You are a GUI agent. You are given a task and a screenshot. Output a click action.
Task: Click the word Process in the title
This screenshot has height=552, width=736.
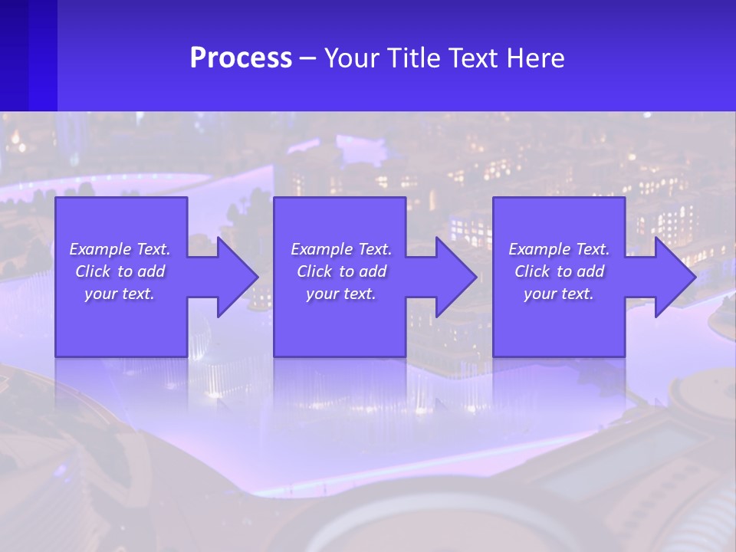click(x=241, y=58)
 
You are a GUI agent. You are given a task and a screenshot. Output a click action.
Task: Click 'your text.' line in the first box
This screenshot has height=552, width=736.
click(x=120, y=294)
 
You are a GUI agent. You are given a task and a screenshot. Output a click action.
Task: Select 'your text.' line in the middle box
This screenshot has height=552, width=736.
click(x=341, y=294)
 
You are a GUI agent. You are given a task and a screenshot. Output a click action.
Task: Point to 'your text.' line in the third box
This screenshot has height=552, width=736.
click(x=559, y=294)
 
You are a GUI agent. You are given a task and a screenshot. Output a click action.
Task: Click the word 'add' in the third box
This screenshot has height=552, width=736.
click(x=591, y=271)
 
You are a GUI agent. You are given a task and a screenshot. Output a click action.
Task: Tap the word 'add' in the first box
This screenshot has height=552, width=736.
click(x=152, y=271)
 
